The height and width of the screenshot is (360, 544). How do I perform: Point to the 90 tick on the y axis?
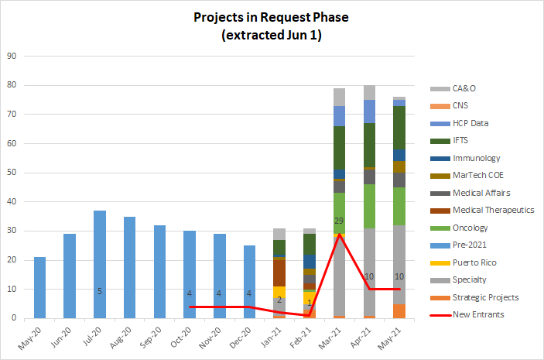click(x=12, y=57)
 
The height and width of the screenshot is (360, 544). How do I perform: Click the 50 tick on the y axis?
click(x=12, y=173)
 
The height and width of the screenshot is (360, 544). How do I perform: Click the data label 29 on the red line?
click(x=339, y=221)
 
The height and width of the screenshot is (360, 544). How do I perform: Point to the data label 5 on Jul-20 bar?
click(x=99, y=291)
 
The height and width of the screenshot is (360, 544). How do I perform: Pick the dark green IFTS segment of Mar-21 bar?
click(x=339, y=147)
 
